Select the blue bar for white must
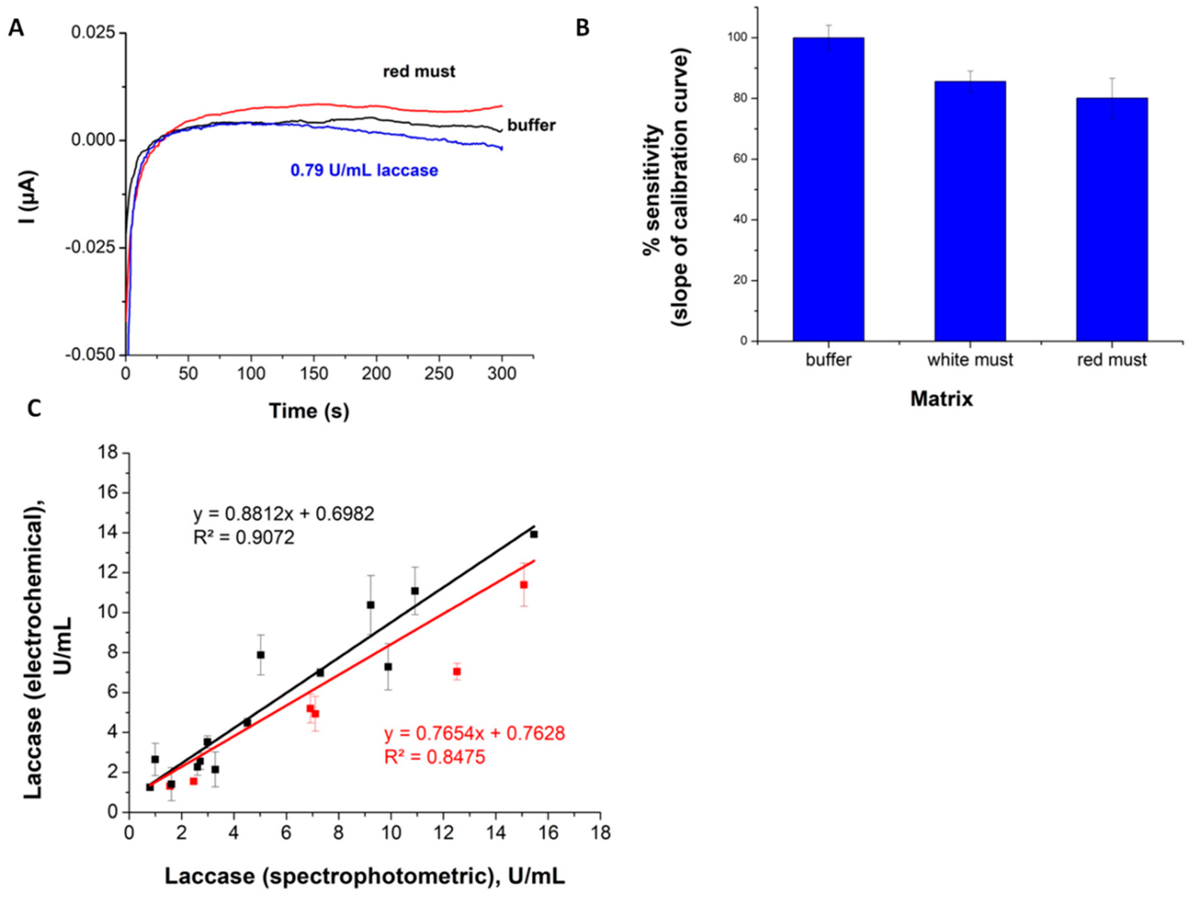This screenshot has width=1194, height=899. coord(970,211)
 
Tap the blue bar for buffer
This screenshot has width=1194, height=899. coord(828,189)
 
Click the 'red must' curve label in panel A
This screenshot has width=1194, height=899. coord(419,71)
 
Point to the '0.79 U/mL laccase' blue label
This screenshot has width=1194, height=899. coord(364,170)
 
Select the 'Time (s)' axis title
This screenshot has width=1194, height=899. coord(309,411)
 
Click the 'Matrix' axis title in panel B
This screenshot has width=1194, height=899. coord(942,399)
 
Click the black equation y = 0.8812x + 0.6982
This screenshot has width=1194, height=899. coord(284,513)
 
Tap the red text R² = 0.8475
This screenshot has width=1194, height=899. coord(434,757)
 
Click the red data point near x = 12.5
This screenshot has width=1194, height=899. coord(457,671)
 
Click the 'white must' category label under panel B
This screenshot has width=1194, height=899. coord(970,360)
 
